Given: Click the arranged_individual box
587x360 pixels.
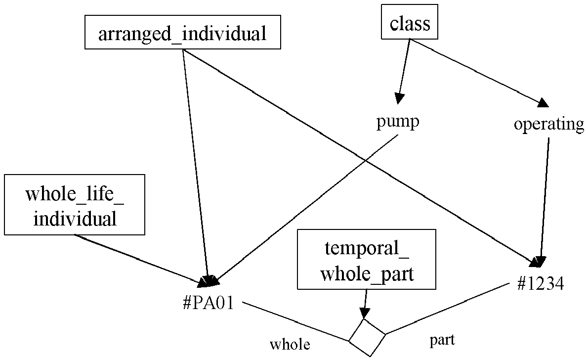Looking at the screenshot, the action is (x=183, y=32).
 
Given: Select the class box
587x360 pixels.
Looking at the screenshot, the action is (x=410, y=22).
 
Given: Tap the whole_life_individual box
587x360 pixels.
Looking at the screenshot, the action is (x=75, y=205).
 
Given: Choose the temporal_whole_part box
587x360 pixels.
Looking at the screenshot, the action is (x=367, y=259).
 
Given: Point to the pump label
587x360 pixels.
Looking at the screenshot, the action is (x=398, y=122).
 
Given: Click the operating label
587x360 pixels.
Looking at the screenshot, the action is (x=549, y=124).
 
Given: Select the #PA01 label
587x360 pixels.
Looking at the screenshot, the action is (x=209, y=302).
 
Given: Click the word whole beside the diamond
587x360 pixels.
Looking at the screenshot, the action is (x=290, y=344).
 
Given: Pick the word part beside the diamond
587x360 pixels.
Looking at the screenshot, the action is (x=442, y=340).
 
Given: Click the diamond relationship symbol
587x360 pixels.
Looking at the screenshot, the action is (x=367, y=337).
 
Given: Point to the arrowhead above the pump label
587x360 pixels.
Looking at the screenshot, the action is (x=399, y=98).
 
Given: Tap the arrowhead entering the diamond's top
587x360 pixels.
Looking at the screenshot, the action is (x=364, y=313).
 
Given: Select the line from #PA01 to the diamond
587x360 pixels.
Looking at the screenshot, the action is (x=295, y=321).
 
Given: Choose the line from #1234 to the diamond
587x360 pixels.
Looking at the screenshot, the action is (x=449, y=308).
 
